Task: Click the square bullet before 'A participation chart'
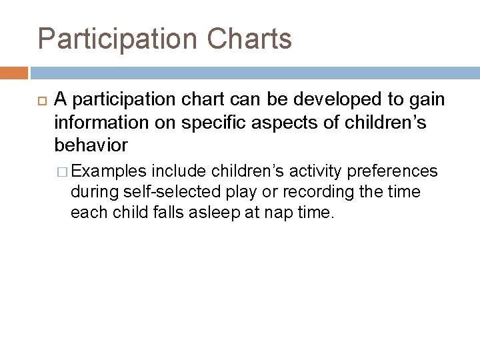[x=41, y=101]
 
